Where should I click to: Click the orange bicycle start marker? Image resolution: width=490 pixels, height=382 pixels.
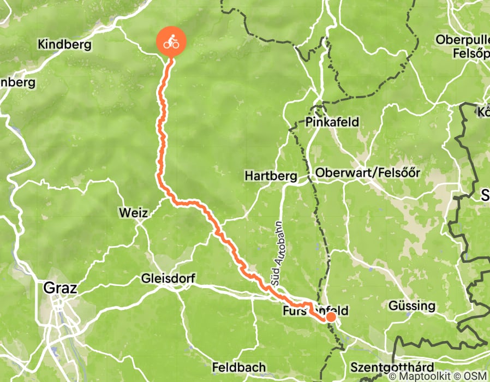coord(171,42)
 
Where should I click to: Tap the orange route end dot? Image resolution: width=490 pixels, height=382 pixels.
coord(331,317)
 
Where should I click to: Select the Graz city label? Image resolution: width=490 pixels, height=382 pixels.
coord(59,288)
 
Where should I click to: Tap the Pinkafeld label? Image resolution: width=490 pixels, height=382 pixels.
coord(332,122)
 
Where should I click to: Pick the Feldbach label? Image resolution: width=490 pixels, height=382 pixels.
coord(239,367)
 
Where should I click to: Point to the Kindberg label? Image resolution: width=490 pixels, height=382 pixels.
coord(64,45)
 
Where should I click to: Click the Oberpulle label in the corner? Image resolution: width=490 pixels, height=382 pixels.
coord(462,40)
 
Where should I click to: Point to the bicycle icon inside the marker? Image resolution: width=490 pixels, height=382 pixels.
coord(171,41)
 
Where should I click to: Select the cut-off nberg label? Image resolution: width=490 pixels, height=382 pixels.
coord(17,82)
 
